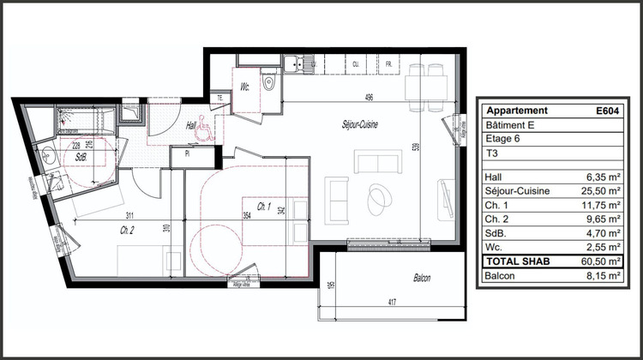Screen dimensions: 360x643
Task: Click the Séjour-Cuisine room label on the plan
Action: (359, 125)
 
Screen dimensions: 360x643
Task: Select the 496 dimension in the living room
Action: (367, 97)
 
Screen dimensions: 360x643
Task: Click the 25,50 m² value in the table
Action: (598, 191)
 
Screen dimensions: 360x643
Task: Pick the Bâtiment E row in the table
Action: (509, 125)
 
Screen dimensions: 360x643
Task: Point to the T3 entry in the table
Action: (492, 154)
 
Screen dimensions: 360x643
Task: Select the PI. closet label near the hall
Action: (184, 154)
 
